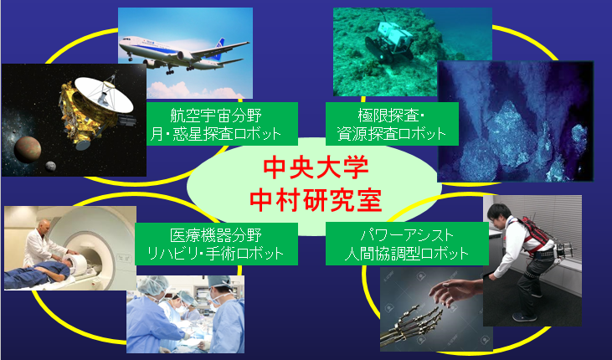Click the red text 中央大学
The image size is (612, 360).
[316, 167]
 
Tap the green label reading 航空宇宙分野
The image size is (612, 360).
[222, 124]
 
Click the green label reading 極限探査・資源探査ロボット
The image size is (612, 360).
[392, 124]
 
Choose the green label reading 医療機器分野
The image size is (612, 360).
[216, 244]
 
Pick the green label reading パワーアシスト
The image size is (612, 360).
[407, 244]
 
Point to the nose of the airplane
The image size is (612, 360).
[121, 44]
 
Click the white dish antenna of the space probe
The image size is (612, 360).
[104, 94]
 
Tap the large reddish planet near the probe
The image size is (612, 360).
[28, 150]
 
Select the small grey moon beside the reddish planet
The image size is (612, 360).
[50, 167]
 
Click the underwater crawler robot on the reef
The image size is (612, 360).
[389, 41]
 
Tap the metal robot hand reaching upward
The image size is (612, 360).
[414, 325]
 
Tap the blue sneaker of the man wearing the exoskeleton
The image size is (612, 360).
[524, 317]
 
